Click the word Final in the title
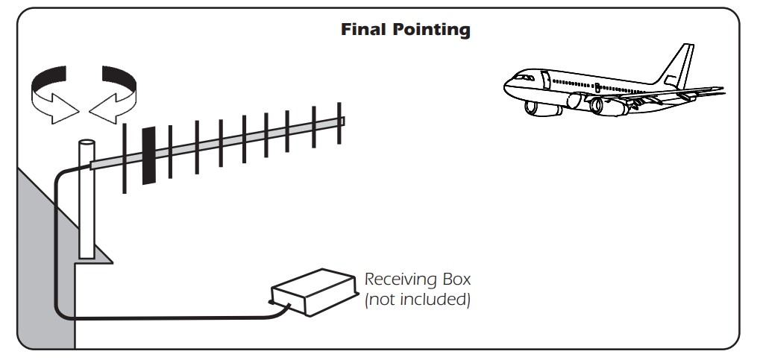(x=364, y=29)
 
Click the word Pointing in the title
(x=431, y=30)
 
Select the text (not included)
(x=418, y=300)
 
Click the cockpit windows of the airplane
(x=524, y=77)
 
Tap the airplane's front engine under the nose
(x=542, y=108)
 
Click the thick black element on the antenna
(x=149, y=156)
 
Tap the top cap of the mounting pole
(x=87, y=142)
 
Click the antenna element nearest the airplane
(x=339, y=123)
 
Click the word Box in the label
(x=456, y=280)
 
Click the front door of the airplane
(x=546, y=80)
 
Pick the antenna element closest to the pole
(x=125, y=159)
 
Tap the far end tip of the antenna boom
(x=344, y=121)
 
